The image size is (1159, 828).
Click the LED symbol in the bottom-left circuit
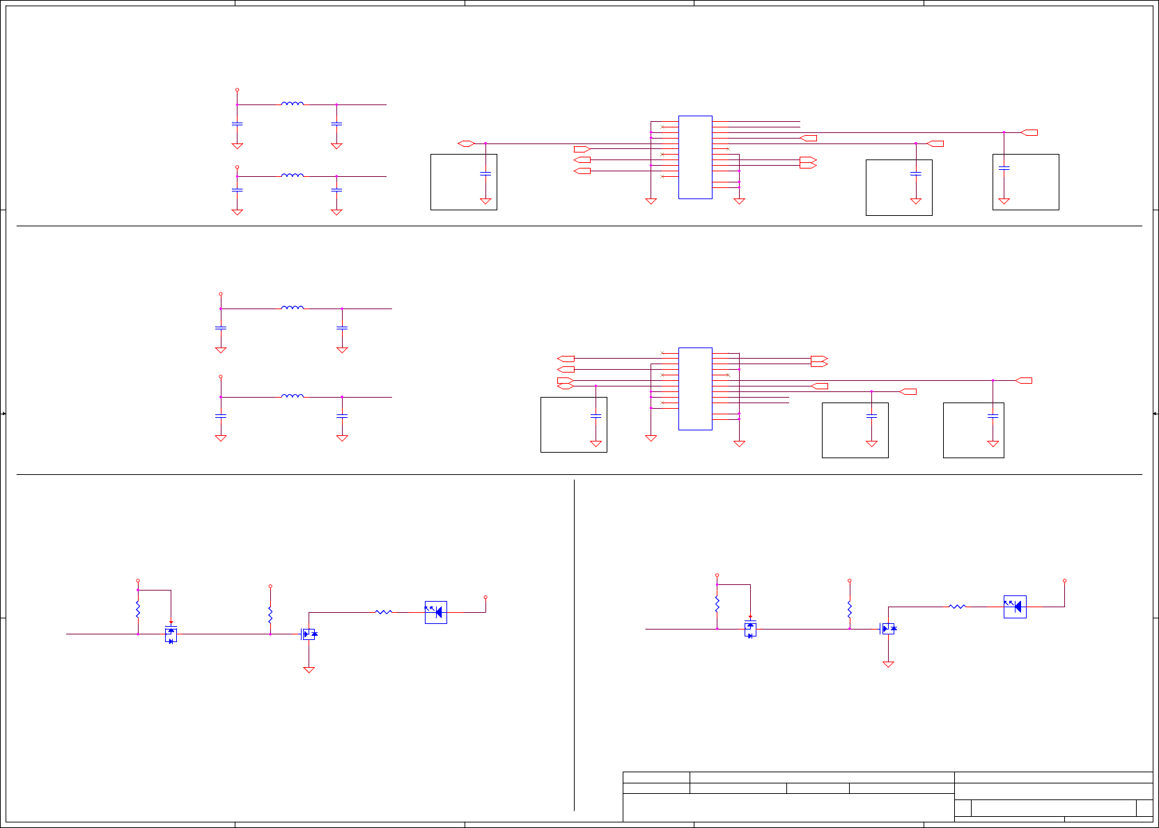tap(436, 612)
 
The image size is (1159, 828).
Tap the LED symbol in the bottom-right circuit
tap(1015, 607)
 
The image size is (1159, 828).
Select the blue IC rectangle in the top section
tap(695, 157)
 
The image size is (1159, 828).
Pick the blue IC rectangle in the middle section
tap(695, 389)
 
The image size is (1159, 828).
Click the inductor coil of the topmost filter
tap(293, 104)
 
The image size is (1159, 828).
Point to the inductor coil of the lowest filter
tap(293, 396)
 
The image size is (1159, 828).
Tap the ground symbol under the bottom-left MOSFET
tap(309, 669)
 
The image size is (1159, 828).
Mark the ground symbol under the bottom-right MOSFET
tap(888, 664)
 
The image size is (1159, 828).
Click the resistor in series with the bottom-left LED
tap(384, 612)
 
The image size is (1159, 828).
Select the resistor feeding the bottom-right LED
tap(958, 607)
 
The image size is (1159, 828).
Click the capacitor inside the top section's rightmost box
tap(1004, 168)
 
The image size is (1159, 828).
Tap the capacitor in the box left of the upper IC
tap(485, 173)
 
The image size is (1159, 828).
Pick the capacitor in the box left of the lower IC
tap(596, 416)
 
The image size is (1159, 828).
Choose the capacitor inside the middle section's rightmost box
tap(993, 416)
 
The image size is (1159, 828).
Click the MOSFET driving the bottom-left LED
tap(309, 634)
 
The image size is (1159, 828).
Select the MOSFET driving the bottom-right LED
tap(888, 628)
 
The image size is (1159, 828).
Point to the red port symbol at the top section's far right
tap(1029, 132)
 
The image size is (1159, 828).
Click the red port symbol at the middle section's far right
tap(1024, 380)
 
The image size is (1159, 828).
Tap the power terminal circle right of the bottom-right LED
tap(1064, 580)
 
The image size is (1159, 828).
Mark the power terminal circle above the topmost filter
tap(237, 90)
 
